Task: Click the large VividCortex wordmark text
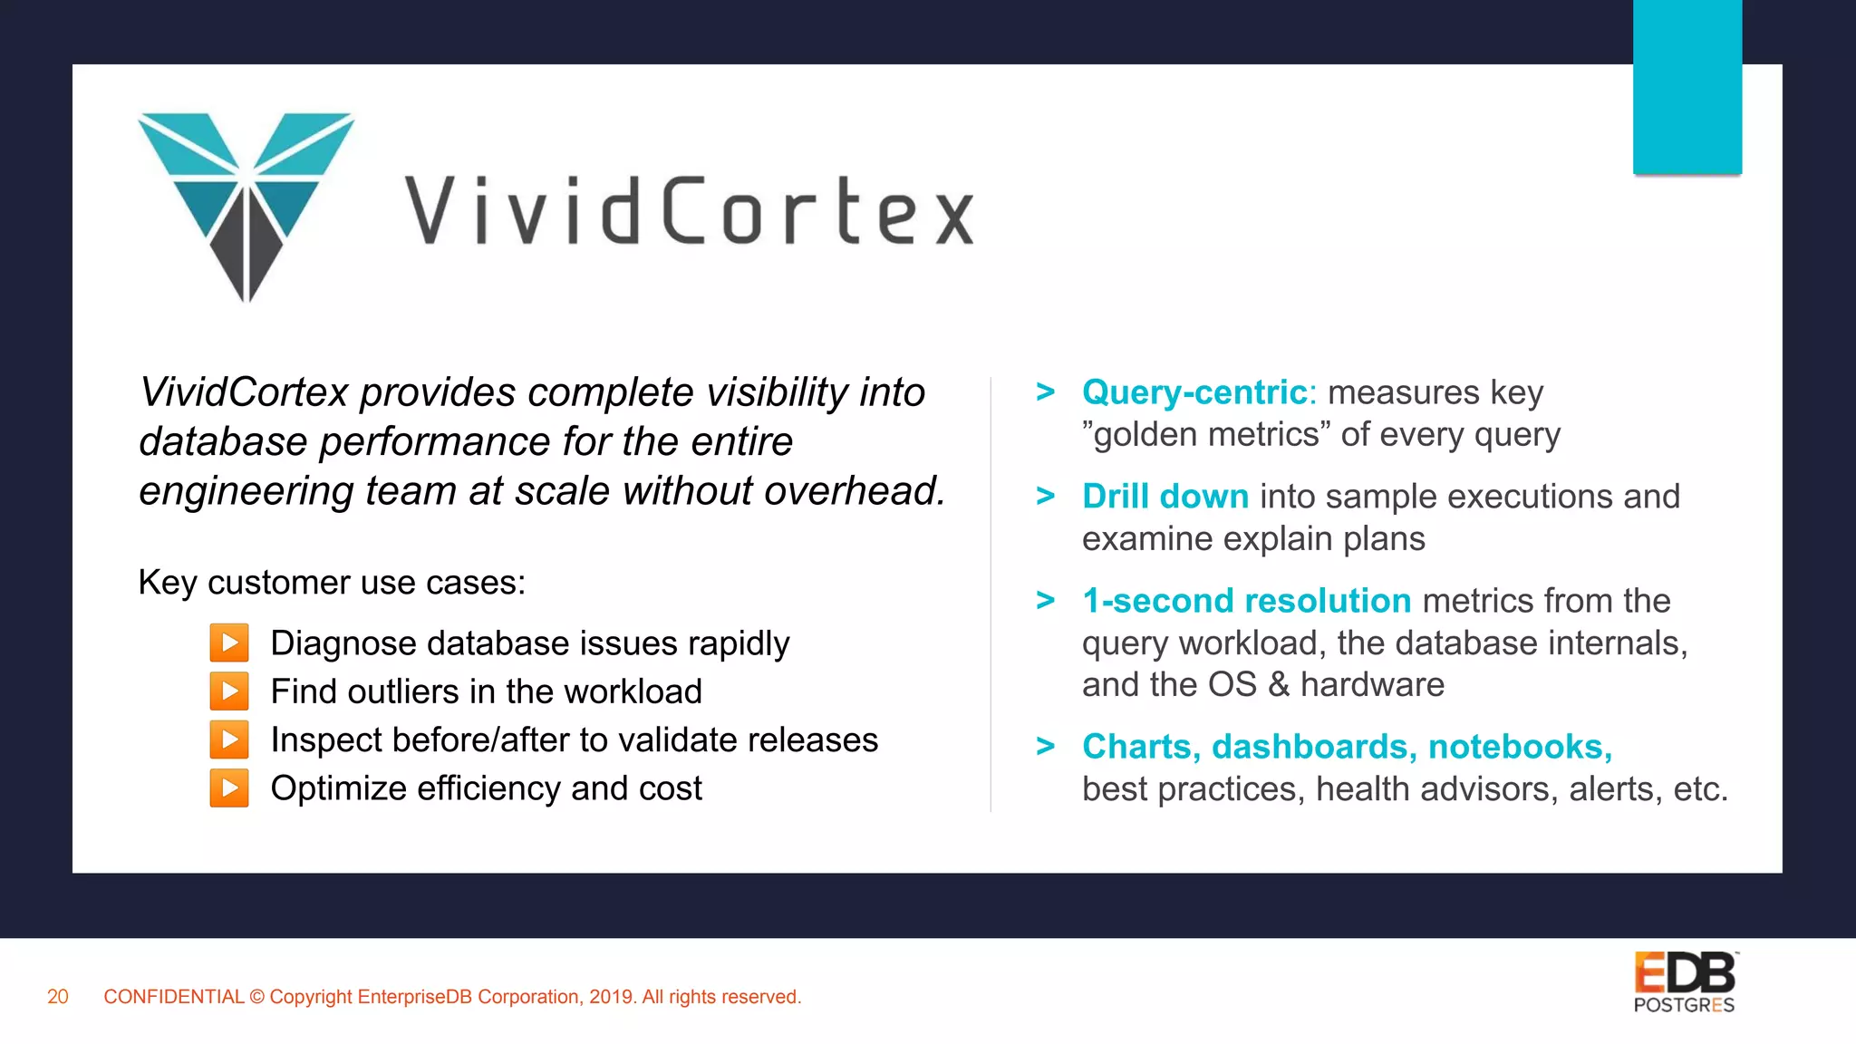pos(689,211)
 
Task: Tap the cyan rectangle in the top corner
pos(1687,86)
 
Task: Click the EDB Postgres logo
pos(1685,982)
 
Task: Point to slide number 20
pos(58,997)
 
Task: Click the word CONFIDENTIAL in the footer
pos(174,997)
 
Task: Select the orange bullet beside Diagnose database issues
pos(229,643)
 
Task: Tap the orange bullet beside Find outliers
pos(229,691)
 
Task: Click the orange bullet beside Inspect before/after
pos(229,739)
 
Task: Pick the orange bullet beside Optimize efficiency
pos(229,788)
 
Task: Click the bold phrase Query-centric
pos(1194,392)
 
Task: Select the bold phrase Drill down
pos(1165,497)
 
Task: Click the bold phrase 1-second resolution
pos(1246,601)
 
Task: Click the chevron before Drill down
pos(1046,497)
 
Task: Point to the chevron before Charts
pos(1046,747)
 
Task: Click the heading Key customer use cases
pos(332,583)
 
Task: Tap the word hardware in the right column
pos(1372,685)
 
